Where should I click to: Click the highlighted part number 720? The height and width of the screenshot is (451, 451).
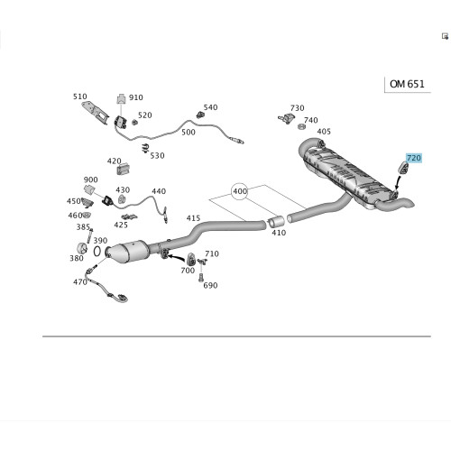pos(414,158)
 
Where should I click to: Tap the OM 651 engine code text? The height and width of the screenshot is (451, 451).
pos(407,84)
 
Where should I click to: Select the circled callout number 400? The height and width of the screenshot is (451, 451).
pos(240,191)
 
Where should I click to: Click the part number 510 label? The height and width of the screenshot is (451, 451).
pos(80,97)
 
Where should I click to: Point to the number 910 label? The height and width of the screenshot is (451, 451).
pos(136,97)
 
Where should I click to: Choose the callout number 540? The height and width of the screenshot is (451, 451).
pos(210,107)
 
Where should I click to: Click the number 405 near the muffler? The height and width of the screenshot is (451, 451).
pos(324,132)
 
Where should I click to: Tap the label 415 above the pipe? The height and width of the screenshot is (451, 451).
pos(193,218)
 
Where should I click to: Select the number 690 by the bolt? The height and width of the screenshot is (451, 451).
pos(210,285)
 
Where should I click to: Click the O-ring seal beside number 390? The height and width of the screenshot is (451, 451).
pos(97,252)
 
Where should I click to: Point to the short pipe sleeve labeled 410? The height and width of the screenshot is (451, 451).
pos(276,222)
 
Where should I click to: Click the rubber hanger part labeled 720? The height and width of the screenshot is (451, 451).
pos(403,168)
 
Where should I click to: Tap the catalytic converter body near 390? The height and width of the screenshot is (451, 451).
pos(127,252)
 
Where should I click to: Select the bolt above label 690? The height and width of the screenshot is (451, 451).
pos(201,278)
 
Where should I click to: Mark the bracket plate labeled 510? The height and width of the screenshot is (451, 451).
pos(95,113)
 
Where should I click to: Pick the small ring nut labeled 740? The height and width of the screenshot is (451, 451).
pos(301,126)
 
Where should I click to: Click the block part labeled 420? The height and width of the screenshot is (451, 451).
pos(123,169)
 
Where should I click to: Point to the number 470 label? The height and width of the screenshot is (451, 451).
pos(80,282)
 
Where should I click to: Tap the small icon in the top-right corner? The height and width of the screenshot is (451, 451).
pos(445,36)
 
